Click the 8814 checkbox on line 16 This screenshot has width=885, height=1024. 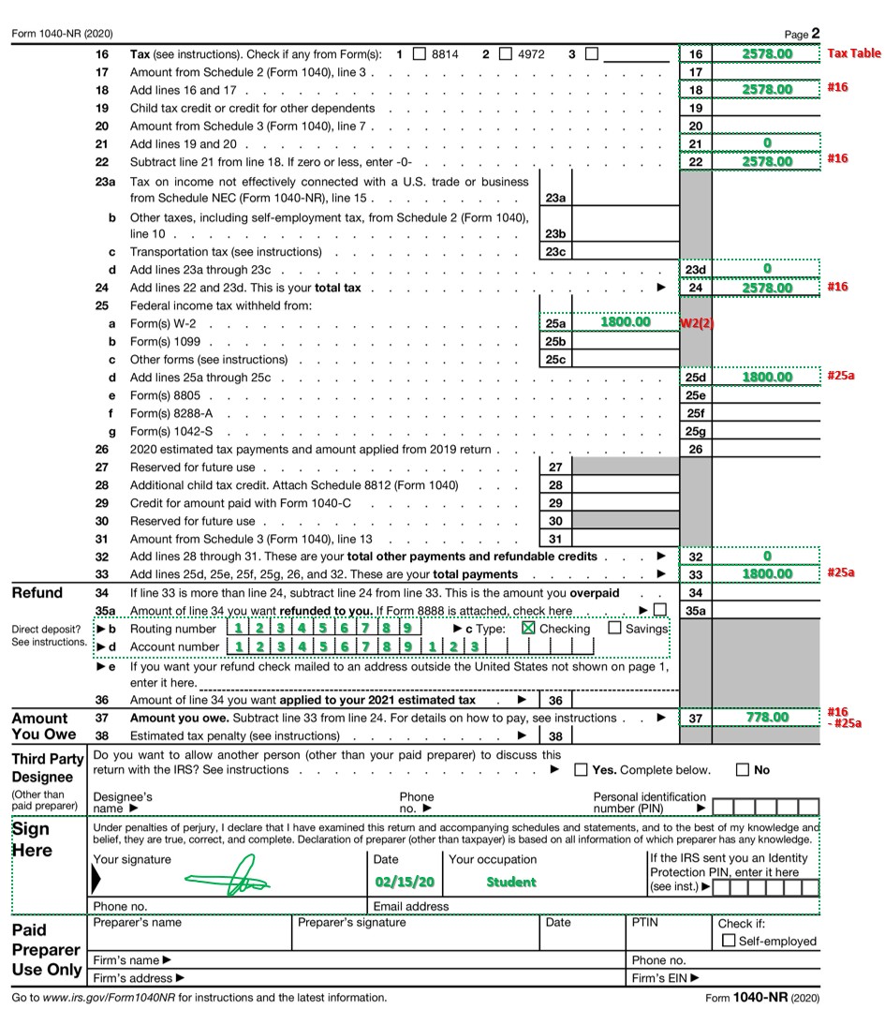tap(420, 54)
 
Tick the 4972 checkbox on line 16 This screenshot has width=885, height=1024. tap(506, 54)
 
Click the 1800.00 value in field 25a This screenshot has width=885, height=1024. tap(625, 322)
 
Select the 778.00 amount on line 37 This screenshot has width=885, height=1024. tap(767, 718)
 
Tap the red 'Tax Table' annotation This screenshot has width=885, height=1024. tap(853, 53)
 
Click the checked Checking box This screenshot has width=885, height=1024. tap(528, 628)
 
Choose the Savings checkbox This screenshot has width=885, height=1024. tap(615, 628)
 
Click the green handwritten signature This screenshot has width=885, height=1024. tap(227, 882)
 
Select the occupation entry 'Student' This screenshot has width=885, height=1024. tap(511, 882)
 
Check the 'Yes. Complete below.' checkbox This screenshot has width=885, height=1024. tap(582, 770)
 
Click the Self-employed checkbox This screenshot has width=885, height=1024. tap(729, 941)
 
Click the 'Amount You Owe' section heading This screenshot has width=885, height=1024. tap(41, 726)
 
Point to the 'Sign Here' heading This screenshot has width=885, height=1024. tap(34, 839)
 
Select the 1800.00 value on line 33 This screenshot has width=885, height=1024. tap(767, 573)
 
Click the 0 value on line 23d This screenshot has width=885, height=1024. tap(767, 269)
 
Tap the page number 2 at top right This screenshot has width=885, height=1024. tap(816, 34)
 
